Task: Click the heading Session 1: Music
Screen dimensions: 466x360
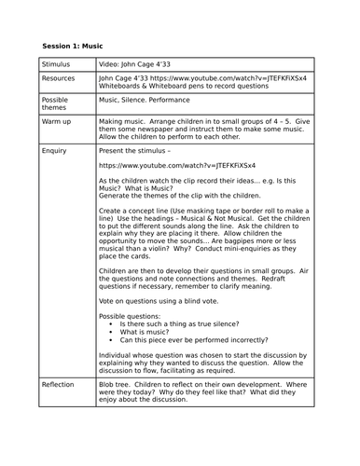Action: point(73,46)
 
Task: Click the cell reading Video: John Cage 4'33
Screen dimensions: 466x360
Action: point(144,64)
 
